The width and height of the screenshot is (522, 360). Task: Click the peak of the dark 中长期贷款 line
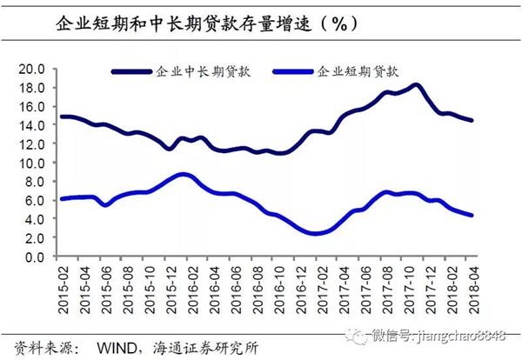click(416, 85)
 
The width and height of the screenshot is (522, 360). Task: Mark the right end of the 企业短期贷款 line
click(472, 216)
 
